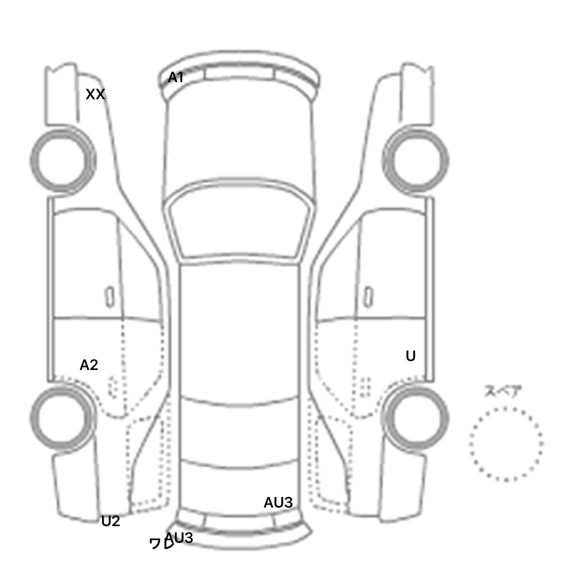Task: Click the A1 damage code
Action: click(x=176, y=78)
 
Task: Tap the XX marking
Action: click(x=95, y=94)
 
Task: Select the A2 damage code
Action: click(x=89, y=365)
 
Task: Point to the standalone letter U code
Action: click(x=410, y=356)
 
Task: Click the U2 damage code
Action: click(x=110, y=521)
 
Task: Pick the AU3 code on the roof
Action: click(x=278, y=503)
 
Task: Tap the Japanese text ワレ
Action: click(x=161, y=544)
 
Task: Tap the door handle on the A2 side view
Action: click(x=110, y=297)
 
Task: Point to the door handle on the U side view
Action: click(x=368, y=297)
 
